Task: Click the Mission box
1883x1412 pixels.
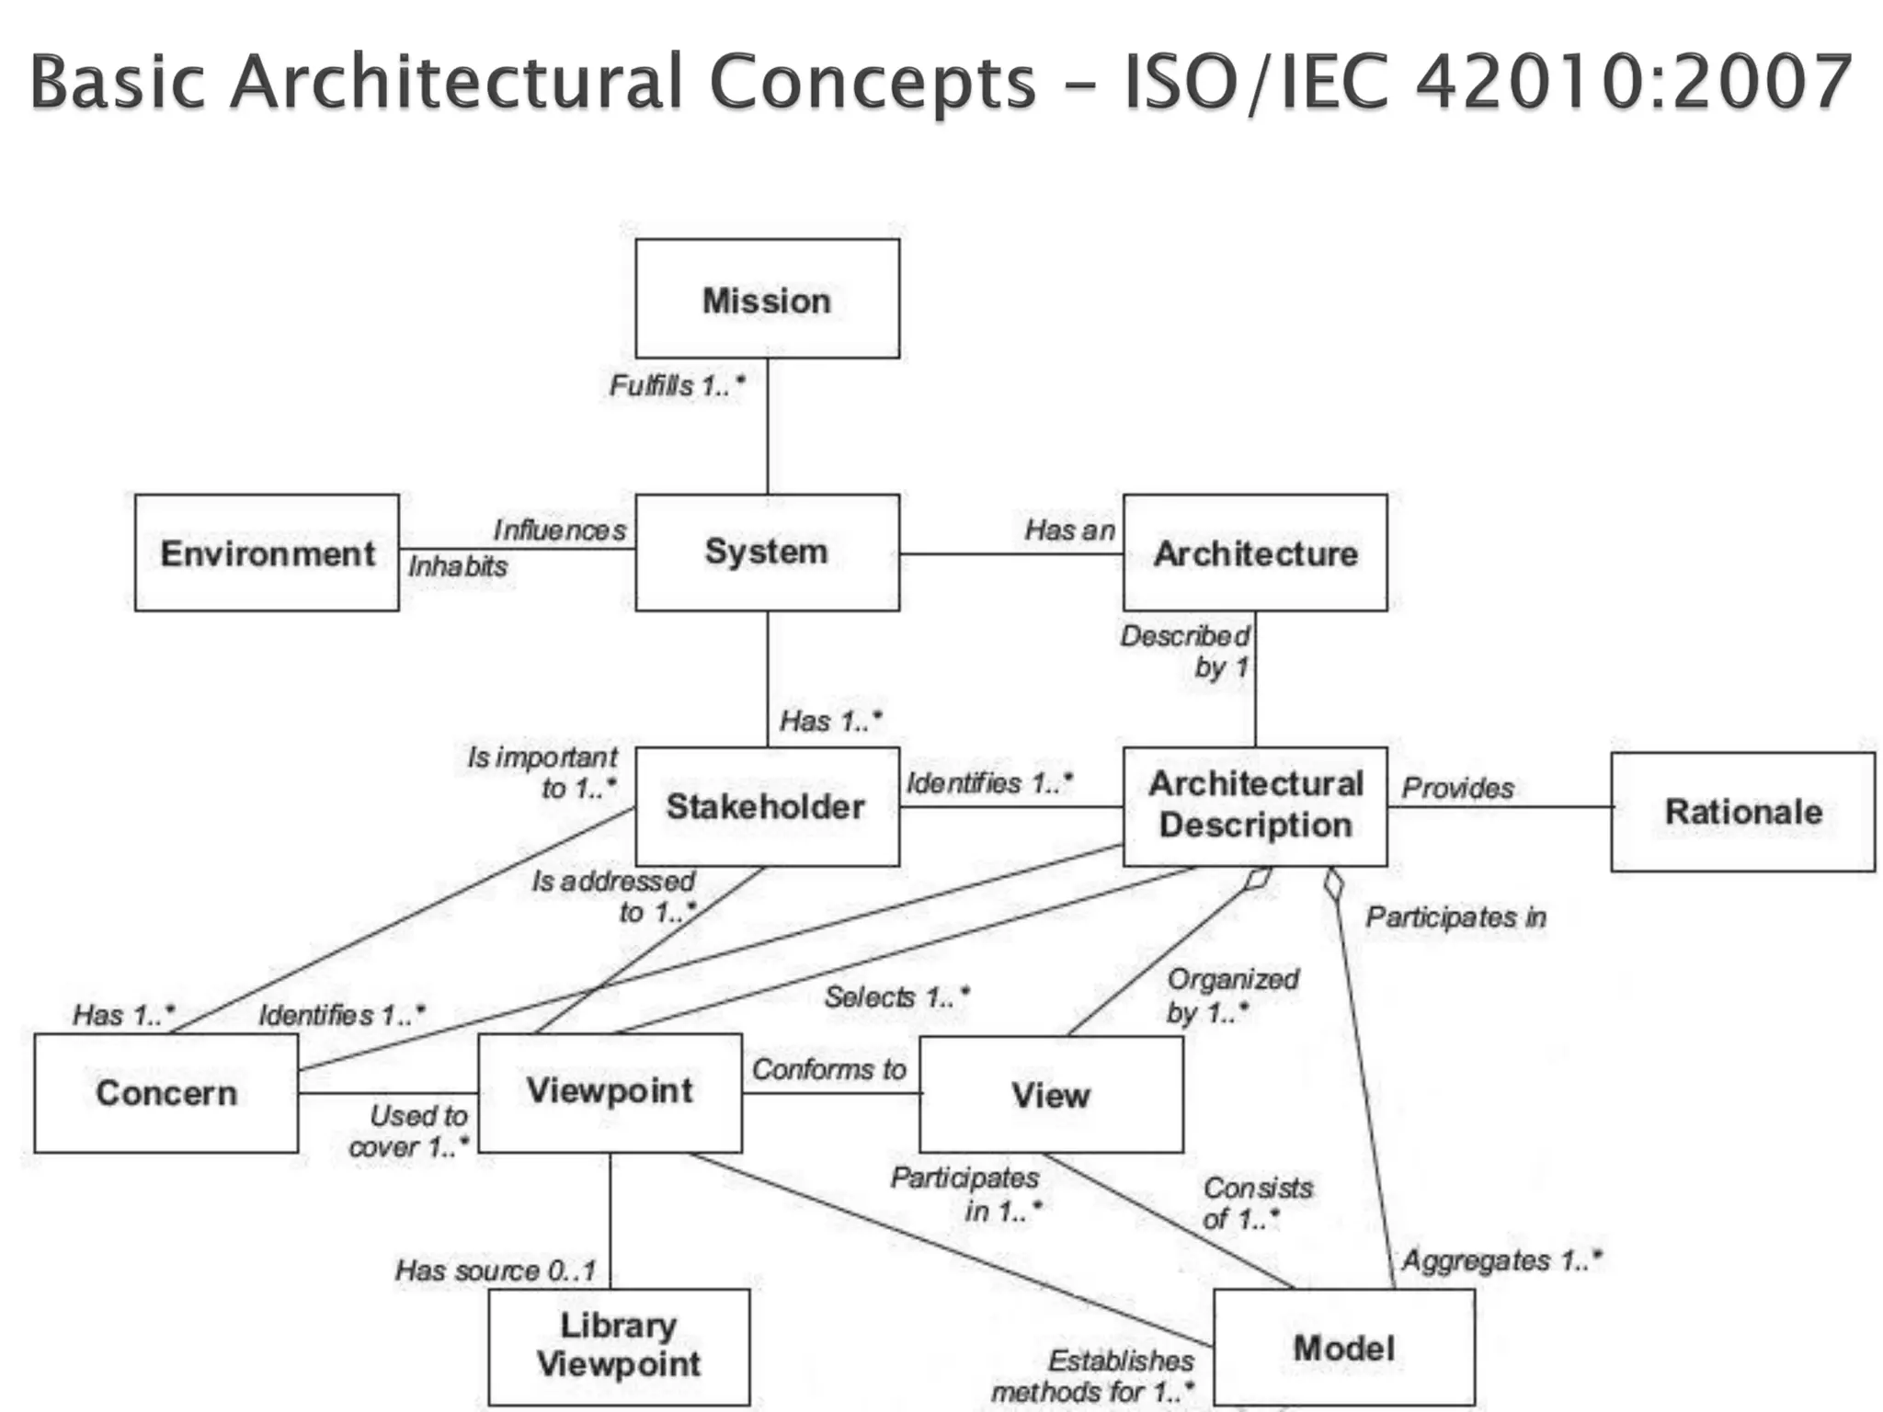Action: tap(767, 299)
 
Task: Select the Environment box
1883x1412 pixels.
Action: tap(267, 552)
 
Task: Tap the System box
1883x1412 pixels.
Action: tap(767, 552)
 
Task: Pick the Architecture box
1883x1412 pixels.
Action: tap(1255, 552)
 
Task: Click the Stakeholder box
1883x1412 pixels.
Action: tap(767, 806)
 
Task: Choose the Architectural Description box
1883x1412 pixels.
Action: tap(1255, 806)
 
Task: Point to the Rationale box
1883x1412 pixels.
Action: tap(1742, 812)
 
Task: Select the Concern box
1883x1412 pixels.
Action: tap(166, 1093)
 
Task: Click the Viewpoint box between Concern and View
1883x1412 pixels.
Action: tap(610, 1092)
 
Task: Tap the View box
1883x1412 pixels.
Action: tap(1051, 1095)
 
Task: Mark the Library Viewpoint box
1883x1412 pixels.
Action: tap(619, 1346)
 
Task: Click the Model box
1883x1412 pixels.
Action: tap(1343, 1348)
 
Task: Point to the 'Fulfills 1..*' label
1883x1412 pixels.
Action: tap(677, 385)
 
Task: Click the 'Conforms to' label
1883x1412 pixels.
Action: tap(829, 1069)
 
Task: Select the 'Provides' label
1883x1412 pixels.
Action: tap(1457, 788)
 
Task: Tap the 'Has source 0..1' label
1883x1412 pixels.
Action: tap(496, 1270)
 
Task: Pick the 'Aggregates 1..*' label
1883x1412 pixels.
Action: tap(1501, 1260)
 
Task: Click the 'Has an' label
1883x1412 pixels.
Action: tap(1070, 529)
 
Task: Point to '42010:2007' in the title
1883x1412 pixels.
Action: tap(1633, 83)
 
